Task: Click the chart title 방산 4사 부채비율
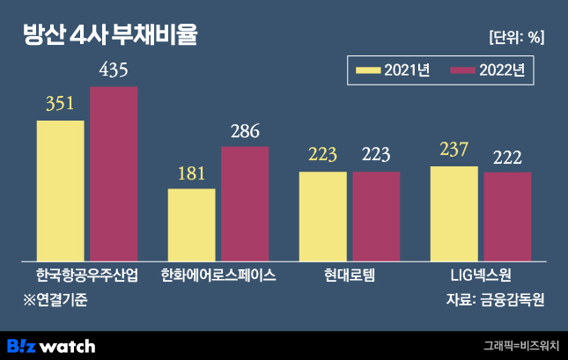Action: click(x=110, y=36)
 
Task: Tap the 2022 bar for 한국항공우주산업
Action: click(x=114, y=171)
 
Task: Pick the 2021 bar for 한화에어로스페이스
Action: click(x=191, y=222)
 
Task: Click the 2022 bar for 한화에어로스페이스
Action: click(x=245, y=201)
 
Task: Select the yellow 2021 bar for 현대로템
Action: click(x=322, y=213)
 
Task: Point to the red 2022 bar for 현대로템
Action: click(x=376, y=213)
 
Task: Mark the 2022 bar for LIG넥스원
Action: click(x=507, y=213)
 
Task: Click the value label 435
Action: click(x=114, y=70)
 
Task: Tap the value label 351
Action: click(x=60, y=104)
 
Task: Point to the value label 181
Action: click(x=191, y=172)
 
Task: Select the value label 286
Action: click(x=245, y=131)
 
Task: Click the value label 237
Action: click(x=454, y=150)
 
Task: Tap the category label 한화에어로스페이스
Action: click(x=218, y=275)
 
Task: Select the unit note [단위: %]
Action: click(x=515, y=37)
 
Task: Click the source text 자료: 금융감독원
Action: click(x=496, y=299)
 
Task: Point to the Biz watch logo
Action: click(x=50, y=345)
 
